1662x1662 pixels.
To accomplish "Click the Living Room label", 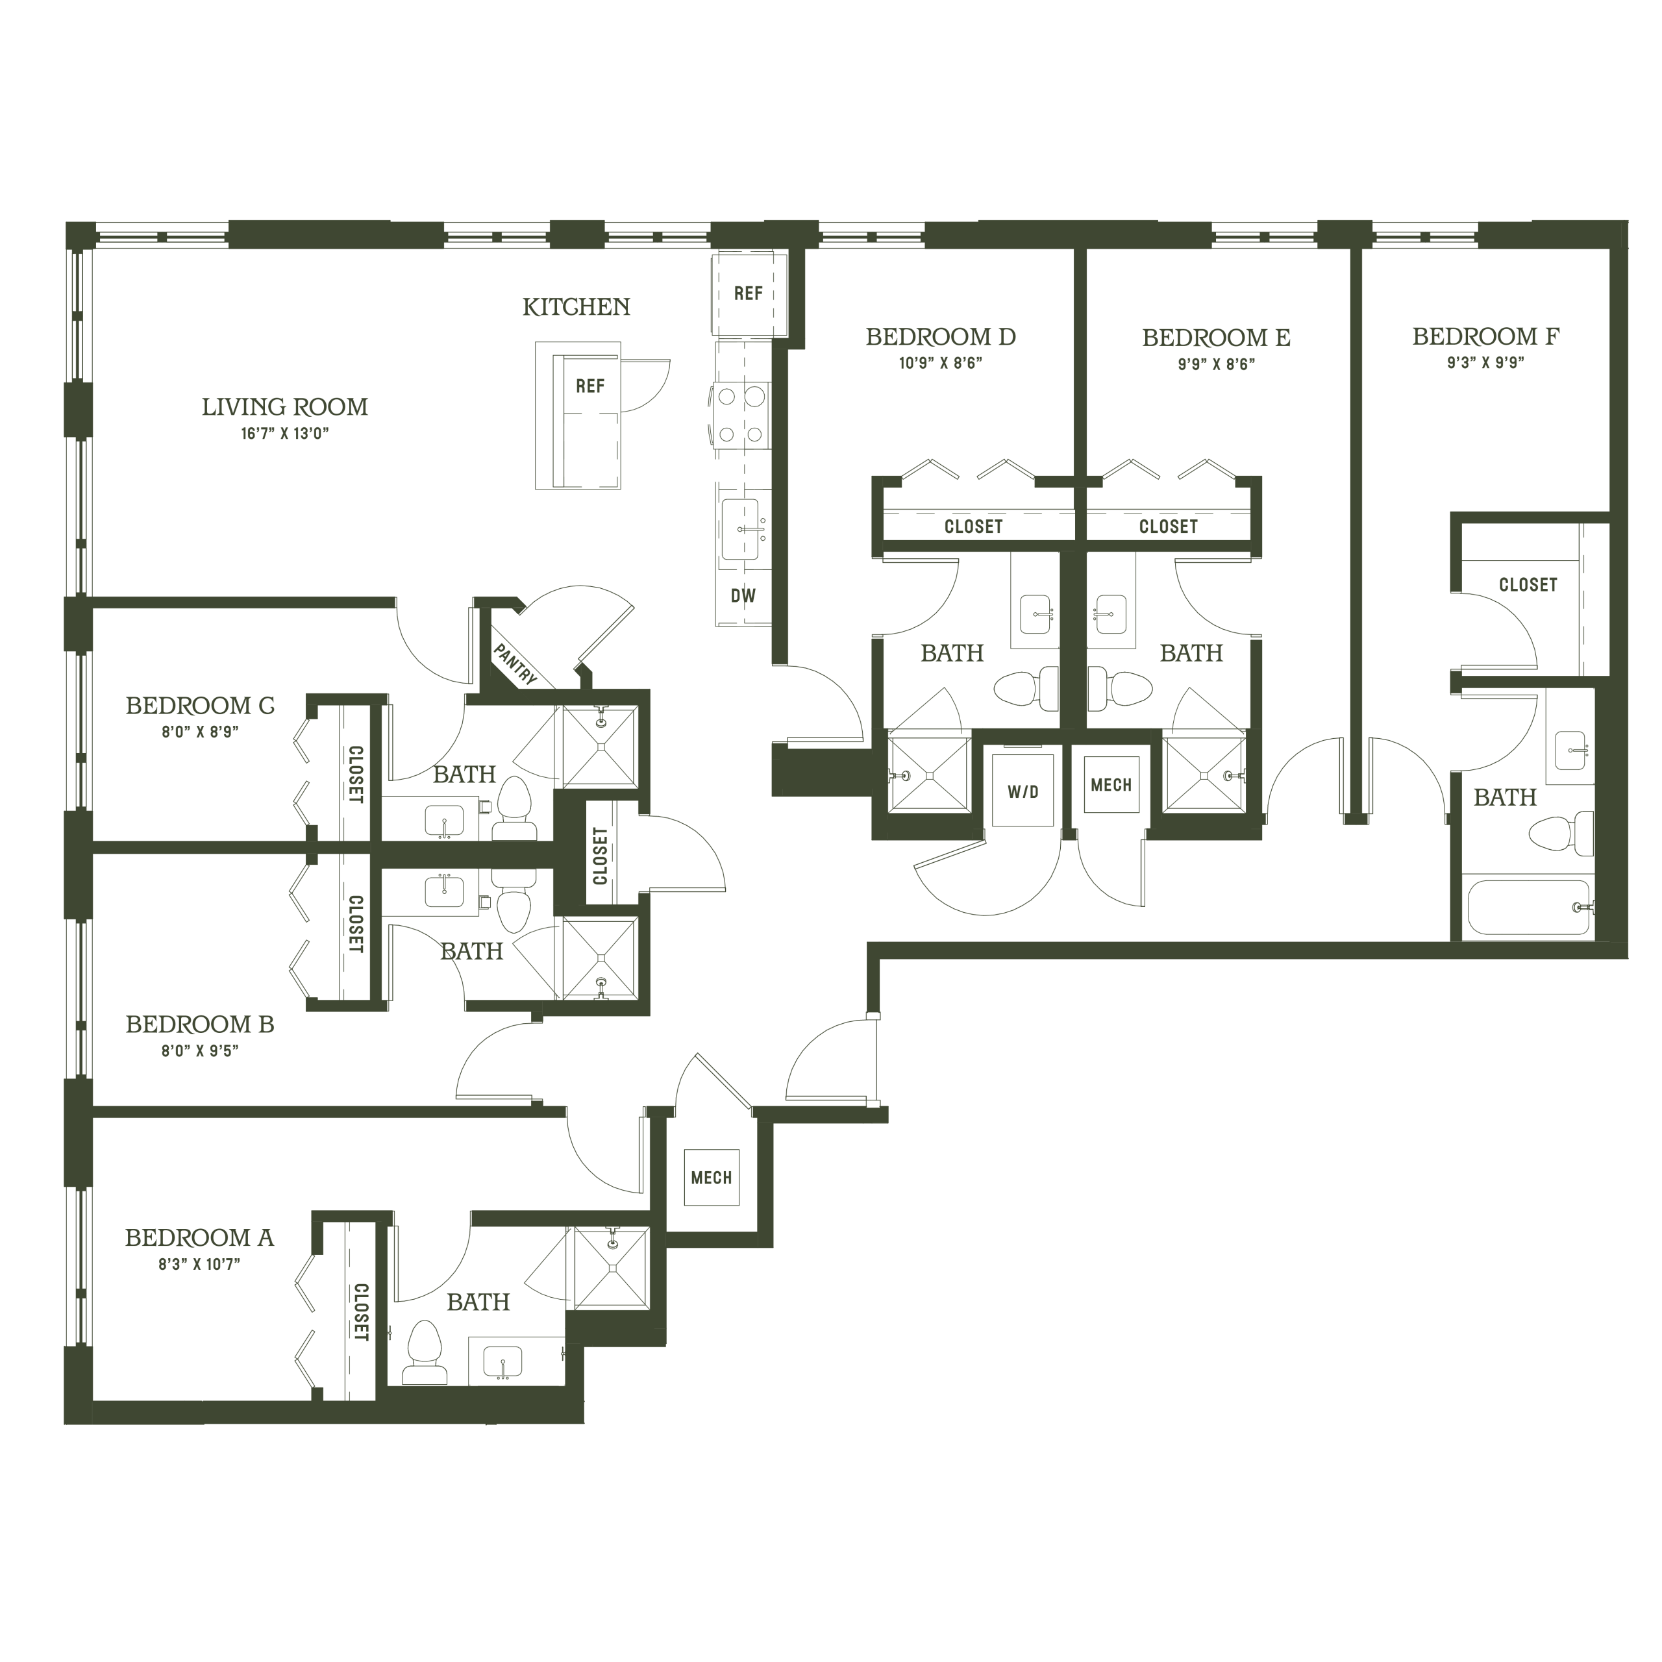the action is click(285, 407).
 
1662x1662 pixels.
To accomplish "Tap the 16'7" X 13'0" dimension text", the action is click(285, 434).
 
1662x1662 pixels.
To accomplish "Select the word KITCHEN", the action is click(577, 307).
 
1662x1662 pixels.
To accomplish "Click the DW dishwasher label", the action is click(743, 595).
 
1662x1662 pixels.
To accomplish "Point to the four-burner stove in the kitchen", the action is click(741, 415).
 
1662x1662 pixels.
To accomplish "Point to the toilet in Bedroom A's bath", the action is click(423, 1352).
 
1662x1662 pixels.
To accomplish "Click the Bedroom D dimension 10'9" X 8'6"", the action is click(940, 363).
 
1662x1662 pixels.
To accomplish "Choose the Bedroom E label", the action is click(1217, 338).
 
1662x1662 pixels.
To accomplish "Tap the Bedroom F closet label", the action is click(1528, 585).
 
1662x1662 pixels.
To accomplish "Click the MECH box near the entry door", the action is click(712, 1178).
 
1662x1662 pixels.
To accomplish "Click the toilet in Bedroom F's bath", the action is click(1561, 833).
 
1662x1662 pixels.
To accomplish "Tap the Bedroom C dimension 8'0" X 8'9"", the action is click(199, 732).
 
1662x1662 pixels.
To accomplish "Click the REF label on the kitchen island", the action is click(590, 386).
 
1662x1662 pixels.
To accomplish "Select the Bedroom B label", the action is click(199, 1024).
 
